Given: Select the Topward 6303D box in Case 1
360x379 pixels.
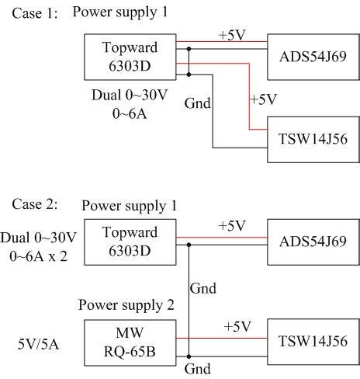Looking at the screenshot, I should point(130,56).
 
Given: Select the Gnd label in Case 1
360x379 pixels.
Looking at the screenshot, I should point(196,102).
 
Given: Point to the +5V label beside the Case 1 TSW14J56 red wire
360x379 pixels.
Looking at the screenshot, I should point(261,99).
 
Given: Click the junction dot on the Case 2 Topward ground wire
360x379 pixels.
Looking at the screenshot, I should point(189,244).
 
